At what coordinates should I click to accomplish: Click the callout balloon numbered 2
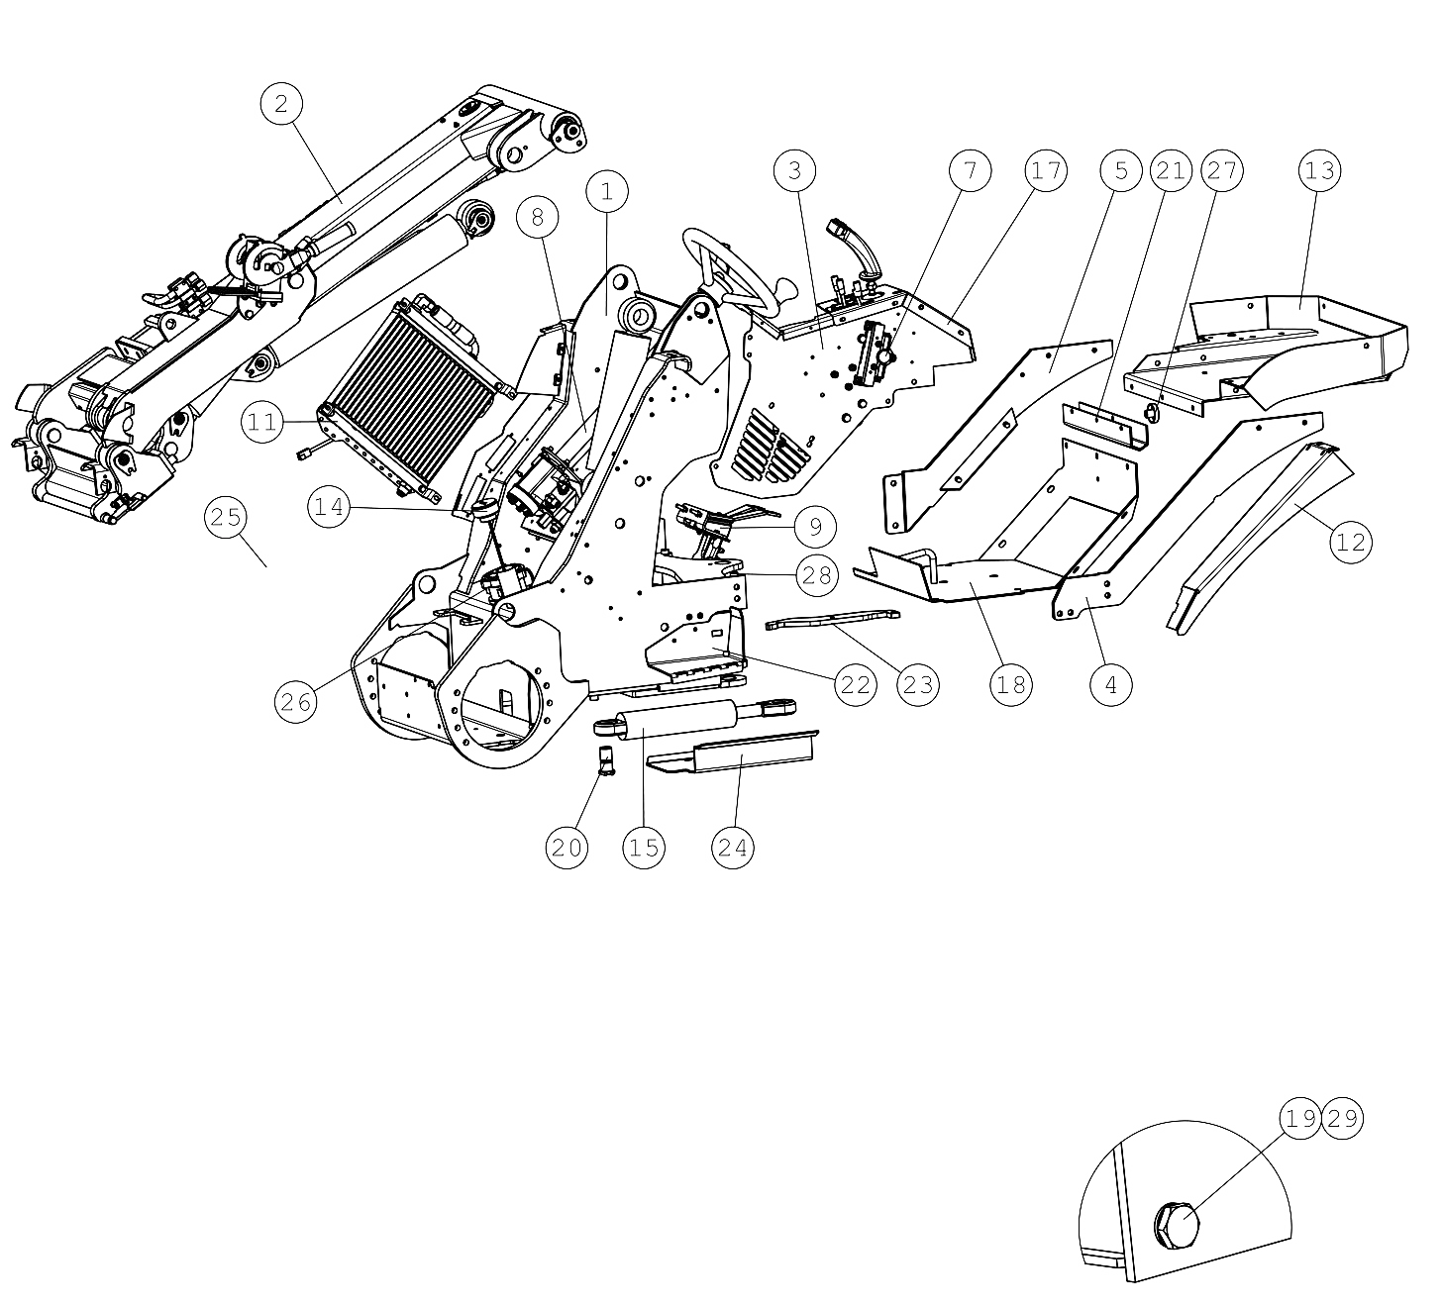coord(281,104)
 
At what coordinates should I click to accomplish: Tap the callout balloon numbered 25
coord(226,518)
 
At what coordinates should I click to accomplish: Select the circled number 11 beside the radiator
coord(262,423)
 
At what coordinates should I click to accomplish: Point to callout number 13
coord(1320,170)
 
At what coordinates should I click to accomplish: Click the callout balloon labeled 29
coord(1343,1119)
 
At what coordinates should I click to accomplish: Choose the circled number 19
coord(1300,1119)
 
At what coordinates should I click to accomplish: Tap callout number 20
coord(567,849)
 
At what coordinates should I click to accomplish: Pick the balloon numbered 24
coord(733,849)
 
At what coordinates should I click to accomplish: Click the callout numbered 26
coord(296,702)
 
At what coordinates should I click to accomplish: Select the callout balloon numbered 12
coord(1351,543)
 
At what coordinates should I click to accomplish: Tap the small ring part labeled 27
coord(1152,413)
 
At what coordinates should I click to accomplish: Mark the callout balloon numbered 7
coord(971,170)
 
